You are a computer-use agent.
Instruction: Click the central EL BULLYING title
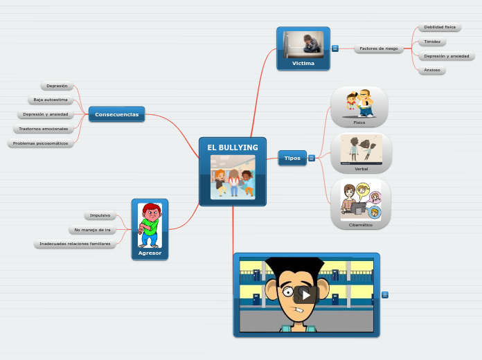click(x=233, y=147)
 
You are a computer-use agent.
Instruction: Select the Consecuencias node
click(x=116, y=114)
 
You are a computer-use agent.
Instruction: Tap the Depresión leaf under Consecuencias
click(x=57, y=86)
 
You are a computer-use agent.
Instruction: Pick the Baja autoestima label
click(x=51, y=100)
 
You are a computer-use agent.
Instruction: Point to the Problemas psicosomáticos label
click(x=41, y=143)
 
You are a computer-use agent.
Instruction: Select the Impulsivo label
click(x=100, y=215)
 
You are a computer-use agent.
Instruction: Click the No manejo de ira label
click(x=92, y=230)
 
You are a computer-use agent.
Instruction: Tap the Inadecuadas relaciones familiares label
click(x=75, y=244)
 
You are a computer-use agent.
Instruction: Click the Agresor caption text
click(x=150, y=253)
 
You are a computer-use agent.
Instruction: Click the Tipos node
click(x=292, y=158)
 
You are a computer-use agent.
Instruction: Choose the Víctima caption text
click(x=303, y=63)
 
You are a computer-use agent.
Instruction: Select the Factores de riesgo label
click(x=379, y=49)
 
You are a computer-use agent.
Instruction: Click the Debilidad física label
click(x=440, y=27)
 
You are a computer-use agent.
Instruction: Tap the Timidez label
click(x=432, y=42)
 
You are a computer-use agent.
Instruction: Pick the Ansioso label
click(x=432, y=70)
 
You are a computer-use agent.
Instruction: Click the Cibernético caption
click(x=360, y=225)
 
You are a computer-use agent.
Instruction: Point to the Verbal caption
click(x=361, y=168)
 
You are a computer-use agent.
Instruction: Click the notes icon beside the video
click(x=385, y=295)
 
